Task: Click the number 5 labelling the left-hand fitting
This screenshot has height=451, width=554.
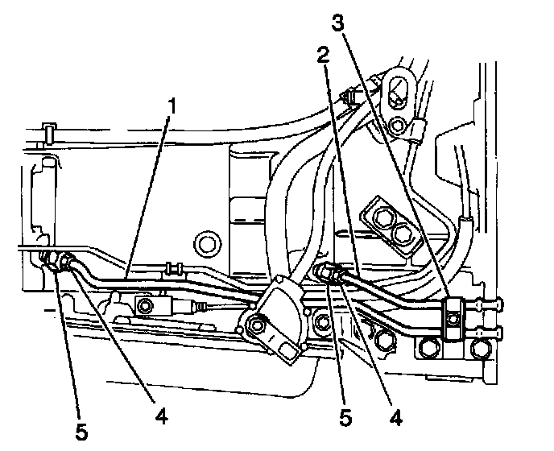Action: pyautogui.click(x=81, y=430)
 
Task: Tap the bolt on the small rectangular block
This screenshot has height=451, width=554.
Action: pyautogui.click(x=145, y=304)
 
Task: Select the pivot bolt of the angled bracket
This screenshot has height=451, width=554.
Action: pyautogui.click(x=257, y=325)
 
